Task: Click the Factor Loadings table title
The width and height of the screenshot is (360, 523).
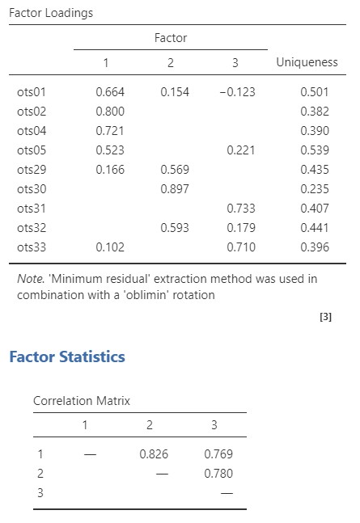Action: click(51, 14)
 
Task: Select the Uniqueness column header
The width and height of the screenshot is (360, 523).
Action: click(307, 62)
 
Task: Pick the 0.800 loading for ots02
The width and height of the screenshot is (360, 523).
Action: click(110, 112)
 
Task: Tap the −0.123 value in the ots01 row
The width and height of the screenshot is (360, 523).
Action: click(237, 92)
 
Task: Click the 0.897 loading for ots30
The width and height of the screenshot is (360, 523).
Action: click(175, 189)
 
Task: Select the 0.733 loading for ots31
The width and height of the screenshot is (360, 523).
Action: click(241, 209)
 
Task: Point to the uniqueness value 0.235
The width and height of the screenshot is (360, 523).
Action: click(314, 189)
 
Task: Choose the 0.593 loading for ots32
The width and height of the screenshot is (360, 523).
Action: click(175, 228)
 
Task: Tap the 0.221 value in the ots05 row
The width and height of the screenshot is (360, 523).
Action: click(241, 150)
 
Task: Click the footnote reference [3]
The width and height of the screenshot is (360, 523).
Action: click(326, 318)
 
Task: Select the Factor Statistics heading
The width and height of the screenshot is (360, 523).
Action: click(67, 356)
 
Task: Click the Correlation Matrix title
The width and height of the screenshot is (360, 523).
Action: click(81, 401)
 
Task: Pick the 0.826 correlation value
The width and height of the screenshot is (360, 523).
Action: click(154, 454)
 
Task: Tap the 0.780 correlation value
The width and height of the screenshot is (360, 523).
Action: click(218, 473)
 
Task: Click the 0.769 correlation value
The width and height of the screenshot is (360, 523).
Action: click(218, 454)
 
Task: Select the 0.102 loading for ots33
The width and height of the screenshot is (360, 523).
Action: click(110, 247)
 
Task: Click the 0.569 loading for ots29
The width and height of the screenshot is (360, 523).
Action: click(175, 170)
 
